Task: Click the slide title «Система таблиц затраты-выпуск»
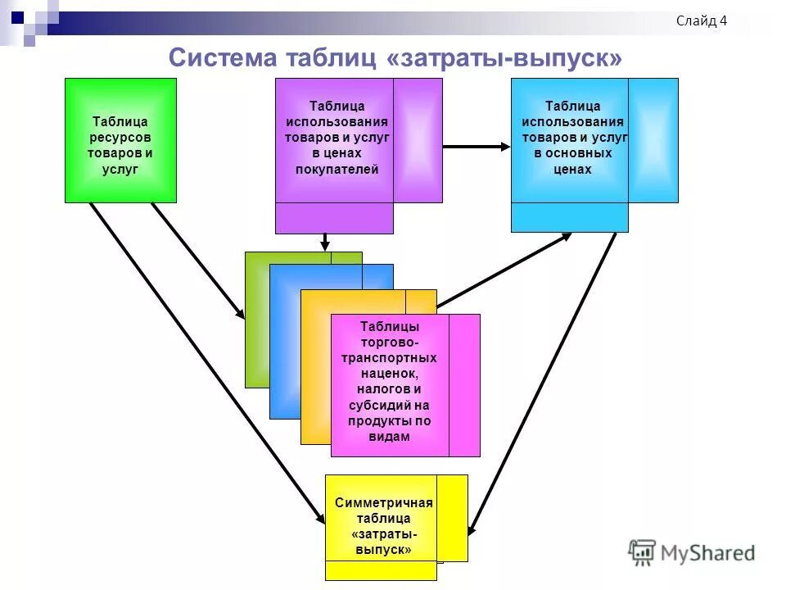(x=395, y=57)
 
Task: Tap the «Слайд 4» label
(x=702, y=21)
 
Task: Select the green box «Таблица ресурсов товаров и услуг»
(x=120, y=139)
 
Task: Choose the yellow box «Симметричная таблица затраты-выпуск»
(x=383, y=525)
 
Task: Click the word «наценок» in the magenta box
(x=389, y=373)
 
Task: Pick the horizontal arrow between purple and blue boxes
(x=476, y=147)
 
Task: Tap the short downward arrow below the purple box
(x=325, y=241)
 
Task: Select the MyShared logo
(x=693, y=552)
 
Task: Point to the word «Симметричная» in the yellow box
(x=383, y=503)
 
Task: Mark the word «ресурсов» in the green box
(x=120, y=138)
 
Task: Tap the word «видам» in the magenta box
(x=389, y=437)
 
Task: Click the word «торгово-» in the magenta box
(x=389, y=342)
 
